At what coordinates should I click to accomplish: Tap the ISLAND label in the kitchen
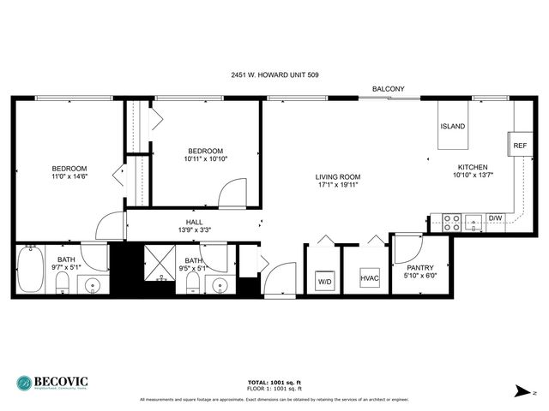453,127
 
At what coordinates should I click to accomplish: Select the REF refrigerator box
520,146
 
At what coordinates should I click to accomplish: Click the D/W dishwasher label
495,218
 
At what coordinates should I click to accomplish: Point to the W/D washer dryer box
324,280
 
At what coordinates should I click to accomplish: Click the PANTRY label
419,267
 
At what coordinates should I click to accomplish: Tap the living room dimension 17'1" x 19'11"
336,184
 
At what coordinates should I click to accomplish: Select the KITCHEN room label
472,167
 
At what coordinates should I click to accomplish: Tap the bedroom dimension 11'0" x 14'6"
69,177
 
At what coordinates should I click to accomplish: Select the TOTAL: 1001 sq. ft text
274,383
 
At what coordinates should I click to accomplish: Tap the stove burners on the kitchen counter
452,223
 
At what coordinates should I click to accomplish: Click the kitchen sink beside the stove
474,223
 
